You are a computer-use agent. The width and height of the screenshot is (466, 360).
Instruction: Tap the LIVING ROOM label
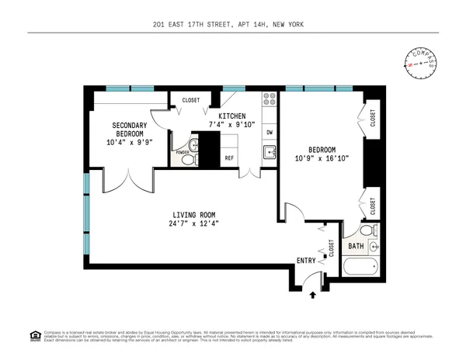(193, 215)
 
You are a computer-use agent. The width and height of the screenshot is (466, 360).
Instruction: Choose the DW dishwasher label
(270, 132)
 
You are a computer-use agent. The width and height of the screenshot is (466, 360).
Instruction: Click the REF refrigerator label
(229, 158)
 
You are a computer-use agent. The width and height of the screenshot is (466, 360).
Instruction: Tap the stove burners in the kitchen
(270, 100)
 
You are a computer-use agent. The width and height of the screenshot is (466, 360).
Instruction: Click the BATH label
(356, 247)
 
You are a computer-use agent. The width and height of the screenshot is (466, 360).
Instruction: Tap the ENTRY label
(306, 261)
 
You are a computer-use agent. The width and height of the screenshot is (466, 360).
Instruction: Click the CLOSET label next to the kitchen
(191, 100)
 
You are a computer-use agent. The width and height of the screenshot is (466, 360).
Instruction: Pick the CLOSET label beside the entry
(332, 247)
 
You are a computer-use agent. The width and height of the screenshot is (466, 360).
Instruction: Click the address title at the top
(233, 25)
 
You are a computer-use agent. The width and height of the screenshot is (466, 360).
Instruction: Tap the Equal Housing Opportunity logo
(34, 335)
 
